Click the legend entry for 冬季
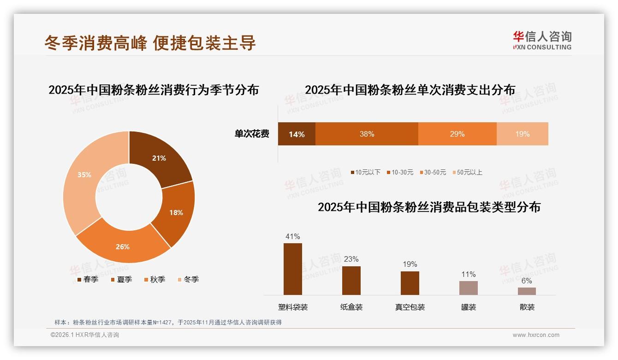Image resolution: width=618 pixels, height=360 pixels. tap(188, 279)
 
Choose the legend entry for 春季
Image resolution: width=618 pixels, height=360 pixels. tap(88, 279)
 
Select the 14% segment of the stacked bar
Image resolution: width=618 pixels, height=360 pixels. tap(297, 134)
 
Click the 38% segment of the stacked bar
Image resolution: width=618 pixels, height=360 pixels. tap(367, 134)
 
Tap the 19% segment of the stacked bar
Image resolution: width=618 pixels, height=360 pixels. tap(522, 134)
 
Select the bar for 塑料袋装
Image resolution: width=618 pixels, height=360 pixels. tap(292, 269)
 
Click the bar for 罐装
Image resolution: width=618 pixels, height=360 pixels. tap(468, 288)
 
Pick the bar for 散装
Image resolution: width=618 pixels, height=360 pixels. tap(527, 291)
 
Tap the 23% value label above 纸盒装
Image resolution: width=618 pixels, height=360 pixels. tap(351, 259)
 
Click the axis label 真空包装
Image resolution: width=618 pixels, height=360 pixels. tap(410, 307)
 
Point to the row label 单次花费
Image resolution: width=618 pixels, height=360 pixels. tap(252, 134)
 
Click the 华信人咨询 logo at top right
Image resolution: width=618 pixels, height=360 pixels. tap(542, 40)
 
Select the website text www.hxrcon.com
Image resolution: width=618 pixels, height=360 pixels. tap(536, 335)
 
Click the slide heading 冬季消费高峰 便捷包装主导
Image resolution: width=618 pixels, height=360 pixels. tap(150, 43)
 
